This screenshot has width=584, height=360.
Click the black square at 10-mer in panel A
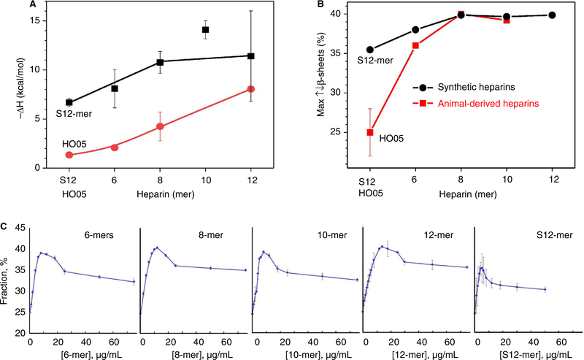pos(206,30)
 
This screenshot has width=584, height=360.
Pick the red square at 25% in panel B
pos(370,132)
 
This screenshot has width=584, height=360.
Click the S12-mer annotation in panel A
pos(69,115)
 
